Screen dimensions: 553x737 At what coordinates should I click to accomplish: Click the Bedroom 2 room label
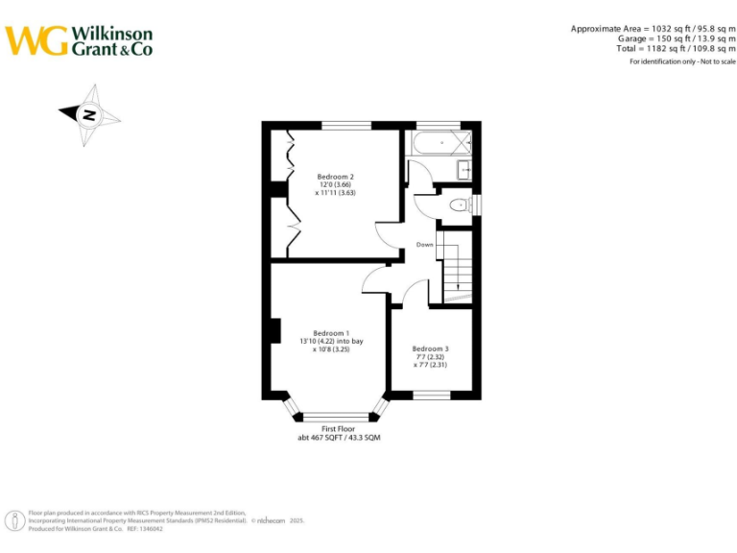(x=336, y=177)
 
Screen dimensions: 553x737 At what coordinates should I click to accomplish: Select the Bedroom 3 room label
(x=430, y=349)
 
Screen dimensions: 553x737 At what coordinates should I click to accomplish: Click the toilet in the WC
(x=460, y=204)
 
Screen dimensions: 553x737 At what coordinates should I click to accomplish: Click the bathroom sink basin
(x=464, y=170)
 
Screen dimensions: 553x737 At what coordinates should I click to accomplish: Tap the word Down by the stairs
(x=424, y=245)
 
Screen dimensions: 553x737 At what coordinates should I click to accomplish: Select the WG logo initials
(x=36, y=40)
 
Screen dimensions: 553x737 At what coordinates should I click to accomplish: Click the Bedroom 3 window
(x=431, y=395)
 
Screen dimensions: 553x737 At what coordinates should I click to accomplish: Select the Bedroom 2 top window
(x=346, y=125)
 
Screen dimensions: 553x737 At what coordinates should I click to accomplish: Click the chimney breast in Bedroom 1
(x=274, y=330)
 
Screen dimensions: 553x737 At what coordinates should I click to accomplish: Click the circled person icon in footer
(x=16, y=521)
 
